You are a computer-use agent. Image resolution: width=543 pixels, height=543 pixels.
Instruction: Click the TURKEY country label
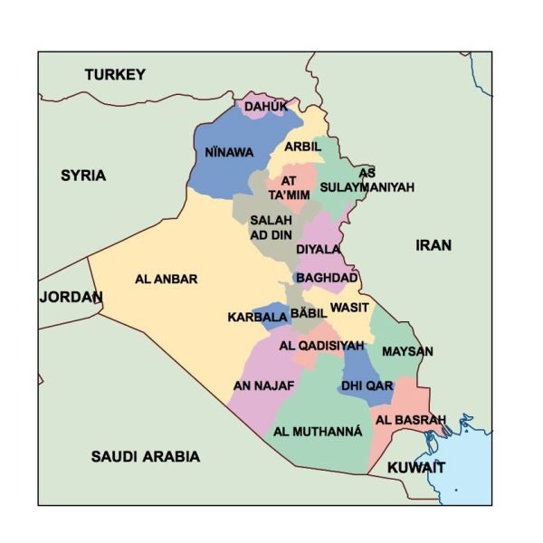tap(115, 75)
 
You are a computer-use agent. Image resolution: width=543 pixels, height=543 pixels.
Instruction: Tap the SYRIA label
tap(83, 175)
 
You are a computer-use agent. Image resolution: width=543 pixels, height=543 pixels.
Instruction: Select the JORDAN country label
tap(71, 297)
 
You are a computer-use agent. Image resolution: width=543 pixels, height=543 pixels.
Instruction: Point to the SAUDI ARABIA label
tap(145, 456)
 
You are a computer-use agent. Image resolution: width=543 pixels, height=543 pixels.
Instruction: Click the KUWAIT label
tap(416, 467)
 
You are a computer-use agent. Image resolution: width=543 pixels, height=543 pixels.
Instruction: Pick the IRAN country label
tap(433, 244)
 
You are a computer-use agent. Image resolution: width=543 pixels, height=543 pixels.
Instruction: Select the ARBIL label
tap(302, 147)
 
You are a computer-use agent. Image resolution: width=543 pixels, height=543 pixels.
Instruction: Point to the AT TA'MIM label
tap(289, 187)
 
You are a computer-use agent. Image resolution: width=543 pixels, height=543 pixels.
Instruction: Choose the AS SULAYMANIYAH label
tap(367, 180)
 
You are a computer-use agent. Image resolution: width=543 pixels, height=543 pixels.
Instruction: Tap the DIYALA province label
tap(319, 249)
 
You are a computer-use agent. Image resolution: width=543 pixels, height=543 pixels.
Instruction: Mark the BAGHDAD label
tap(327, 278)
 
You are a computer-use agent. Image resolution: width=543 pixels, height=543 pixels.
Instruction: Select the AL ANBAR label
tap(166, 279)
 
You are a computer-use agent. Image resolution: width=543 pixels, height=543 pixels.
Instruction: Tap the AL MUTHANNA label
tap(318, 432)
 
